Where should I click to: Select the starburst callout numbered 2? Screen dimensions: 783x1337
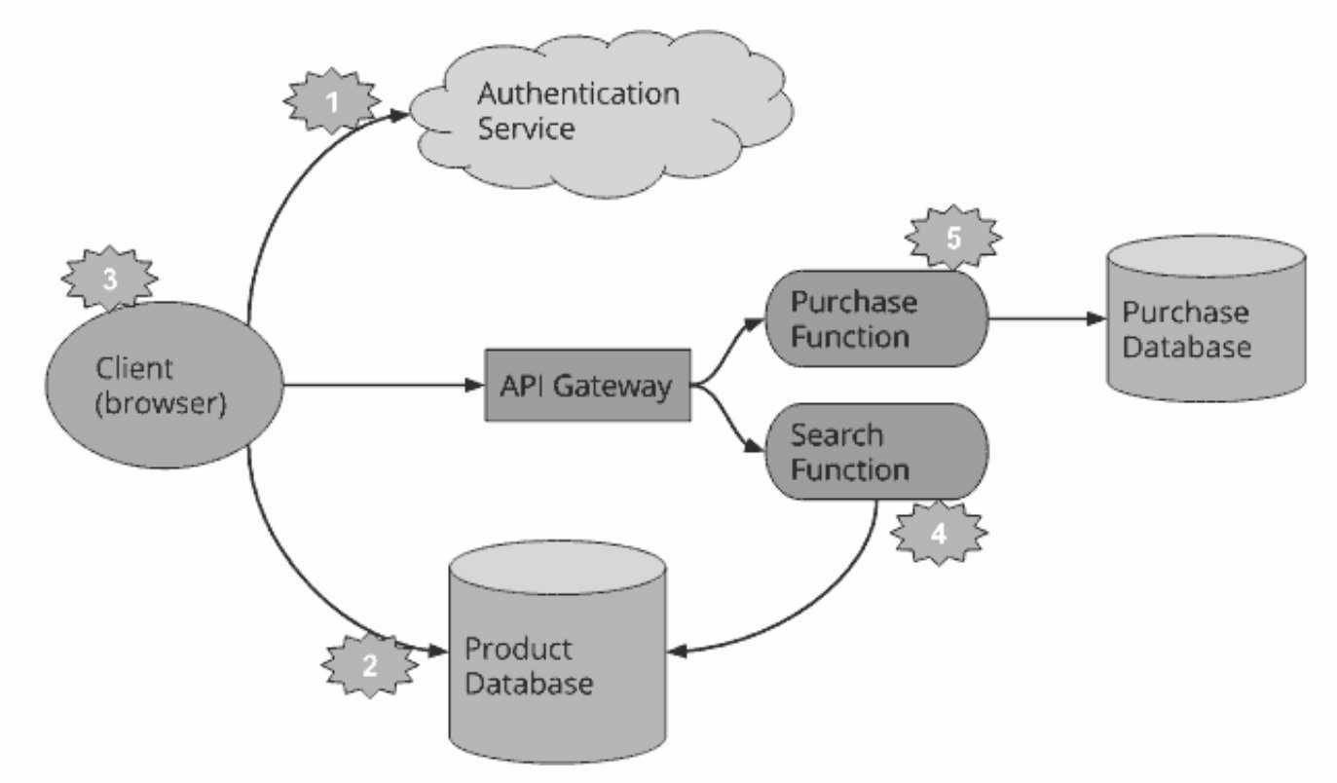pyautogui.click(x=369, y=666)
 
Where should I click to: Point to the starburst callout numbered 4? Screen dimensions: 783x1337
pyautogui.click(x=938, y=534)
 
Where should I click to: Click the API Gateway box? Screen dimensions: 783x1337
pyautogui.click(x=587, y=386)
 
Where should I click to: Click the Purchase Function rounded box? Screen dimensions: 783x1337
pyautogui.click(x=874, y=318)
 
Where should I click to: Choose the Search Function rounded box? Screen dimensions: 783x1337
pyautogui.click(x=874, y=452)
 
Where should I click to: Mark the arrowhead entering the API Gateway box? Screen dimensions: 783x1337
pyautogui.click(x=476, y=386)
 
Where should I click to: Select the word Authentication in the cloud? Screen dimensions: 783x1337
pyautogui.click(x=578, y=94)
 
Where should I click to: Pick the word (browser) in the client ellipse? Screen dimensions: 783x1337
pyautogui.click(x=161, y=403)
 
